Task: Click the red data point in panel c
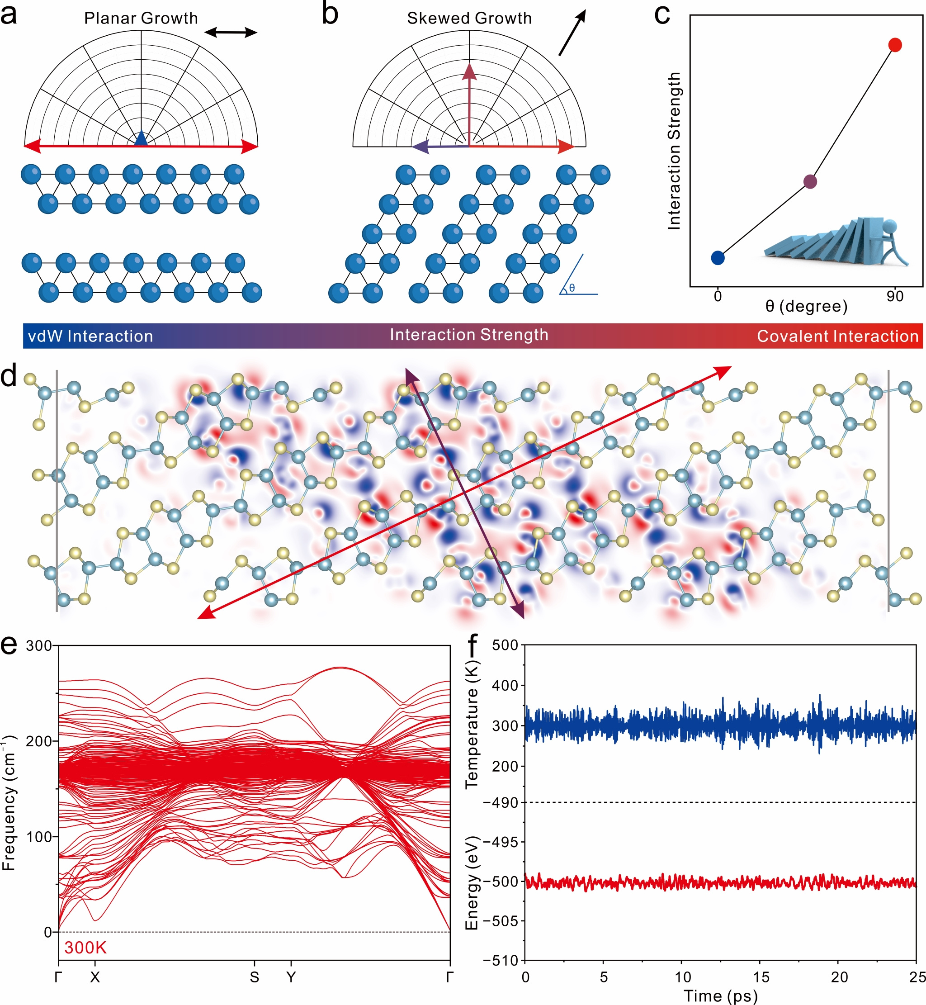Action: tap(895, 45)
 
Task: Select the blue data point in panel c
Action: tap(718, 258)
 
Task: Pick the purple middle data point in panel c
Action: tap(810, 181)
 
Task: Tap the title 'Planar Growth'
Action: tap(141, 19)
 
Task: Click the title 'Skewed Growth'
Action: tap(469, 19)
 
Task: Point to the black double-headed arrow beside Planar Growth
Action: tap(231, 33)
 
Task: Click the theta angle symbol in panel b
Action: tap(572, 288)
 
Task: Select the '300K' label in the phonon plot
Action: tap(85, 948)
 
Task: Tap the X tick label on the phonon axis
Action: tap(94, 977)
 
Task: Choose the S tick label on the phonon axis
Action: tap(255, 977)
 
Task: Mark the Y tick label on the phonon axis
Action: tap(291, 977)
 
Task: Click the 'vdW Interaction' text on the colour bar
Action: tap(90, 336)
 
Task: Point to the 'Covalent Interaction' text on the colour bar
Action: tap(837, 336)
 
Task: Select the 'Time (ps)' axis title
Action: tap(721, 996)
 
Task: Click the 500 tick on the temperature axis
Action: tap(505, 645)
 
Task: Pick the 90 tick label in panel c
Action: tap(894, 297)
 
